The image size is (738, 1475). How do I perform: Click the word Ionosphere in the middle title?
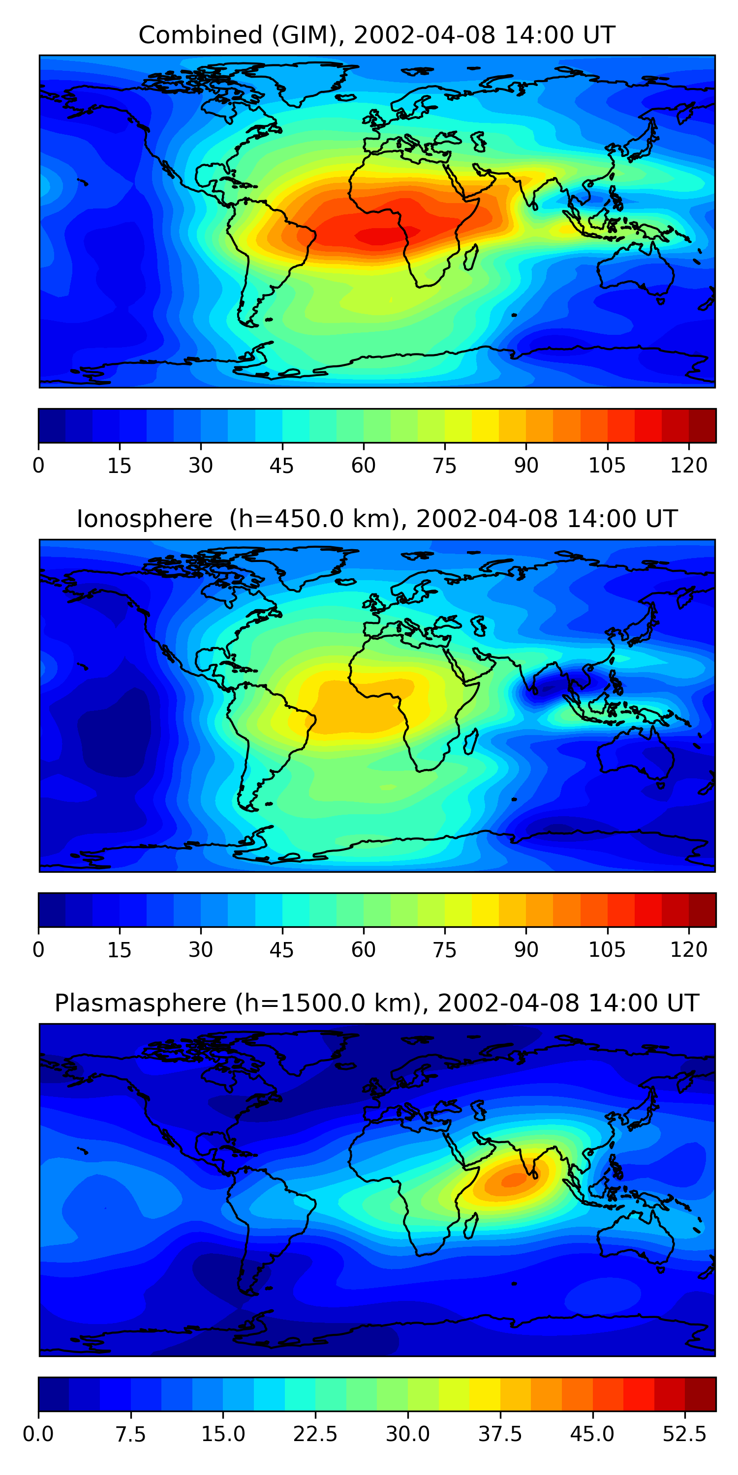coord(144,519)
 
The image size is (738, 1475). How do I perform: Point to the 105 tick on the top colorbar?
coord(607,466)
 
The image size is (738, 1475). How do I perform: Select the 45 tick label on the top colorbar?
coord(281,466)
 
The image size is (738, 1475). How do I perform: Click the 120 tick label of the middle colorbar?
coord(688,949)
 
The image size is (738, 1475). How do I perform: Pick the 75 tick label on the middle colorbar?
coord(445,949)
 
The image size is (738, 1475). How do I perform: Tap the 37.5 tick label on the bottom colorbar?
coord(500,1434)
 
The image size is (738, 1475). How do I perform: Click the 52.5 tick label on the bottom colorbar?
coord(684,1434)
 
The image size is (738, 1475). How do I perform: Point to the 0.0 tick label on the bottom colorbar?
coord(38,1434)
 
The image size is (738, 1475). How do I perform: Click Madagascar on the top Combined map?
coord(471,257)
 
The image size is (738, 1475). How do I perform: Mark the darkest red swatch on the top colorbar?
coord(702,425)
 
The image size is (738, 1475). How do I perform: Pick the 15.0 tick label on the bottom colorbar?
coord(223,1434)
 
